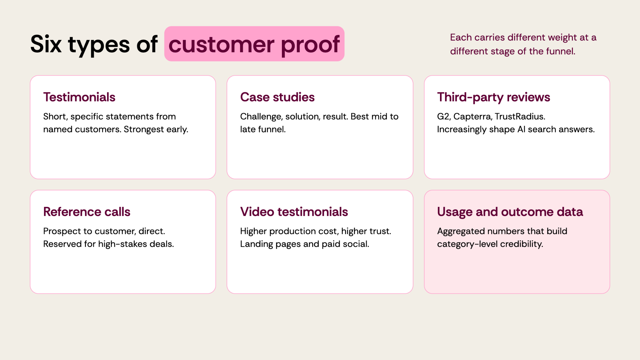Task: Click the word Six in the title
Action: (46, 44)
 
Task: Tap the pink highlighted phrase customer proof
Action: (254, 44)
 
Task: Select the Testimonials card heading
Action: (79, 97)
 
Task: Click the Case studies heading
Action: (277, 97)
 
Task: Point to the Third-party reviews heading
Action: (494, 97)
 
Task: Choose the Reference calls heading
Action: (87, 212)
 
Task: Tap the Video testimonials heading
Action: (294, 212)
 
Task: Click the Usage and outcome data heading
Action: (510, 212)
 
